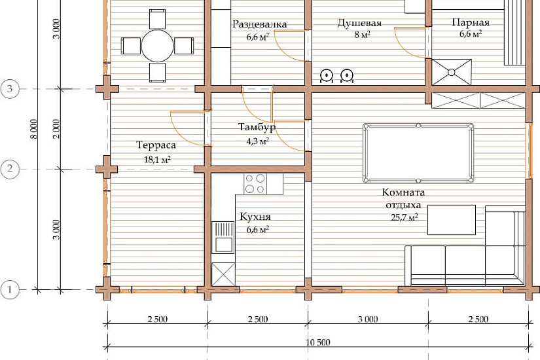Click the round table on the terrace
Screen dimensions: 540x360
157,46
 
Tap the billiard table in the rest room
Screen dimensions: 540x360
418,153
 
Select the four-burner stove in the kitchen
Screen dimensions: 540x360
255,184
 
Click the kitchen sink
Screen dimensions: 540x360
223,238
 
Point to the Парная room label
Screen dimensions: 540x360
471,23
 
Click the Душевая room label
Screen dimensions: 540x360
359,23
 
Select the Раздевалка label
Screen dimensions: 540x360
260,24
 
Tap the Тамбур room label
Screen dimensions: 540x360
257,128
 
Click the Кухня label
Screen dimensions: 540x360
255,217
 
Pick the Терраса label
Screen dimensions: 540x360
156,145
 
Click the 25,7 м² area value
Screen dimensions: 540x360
405,217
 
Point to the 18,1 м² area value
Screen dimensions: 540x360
157,160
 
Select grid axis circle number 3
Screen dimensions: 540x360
10,89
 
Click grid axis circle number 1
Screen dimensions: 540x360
10,290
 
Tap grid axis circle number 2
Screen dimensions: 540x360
10,169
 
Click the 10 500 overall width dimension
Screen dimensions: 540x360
318,342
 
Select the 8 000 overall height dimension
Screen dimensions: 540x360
34,129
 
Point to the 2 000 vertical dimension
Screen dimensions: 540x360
57,129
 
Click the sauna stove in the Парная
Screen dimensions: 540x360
452,72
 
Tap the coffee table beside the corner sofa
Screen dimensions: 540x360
452,220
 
